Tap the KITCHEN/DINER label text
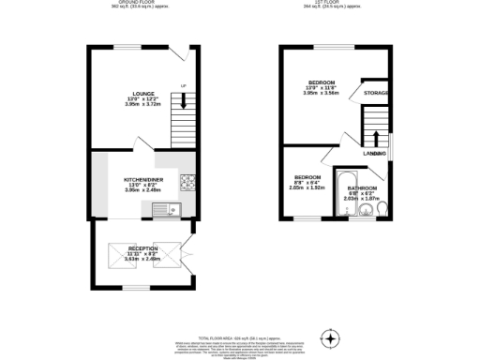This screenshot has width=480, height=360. pyautogui.click(x=142, y=178)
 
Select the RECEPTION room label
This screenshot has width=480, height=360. pyautogui.click(x=142, y=249)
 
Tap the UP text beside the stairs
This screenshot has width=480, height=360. pyautogui.click(x=183, y=87)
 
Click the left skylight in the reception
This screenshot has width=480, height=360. pyautogui.click(x=119, y=254)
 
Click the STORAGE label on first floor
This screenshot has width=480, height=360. pyautogui.click(x=377, y=93)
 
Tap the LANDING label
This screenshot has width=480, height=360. pyautogui.click(x=375, y=153)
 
